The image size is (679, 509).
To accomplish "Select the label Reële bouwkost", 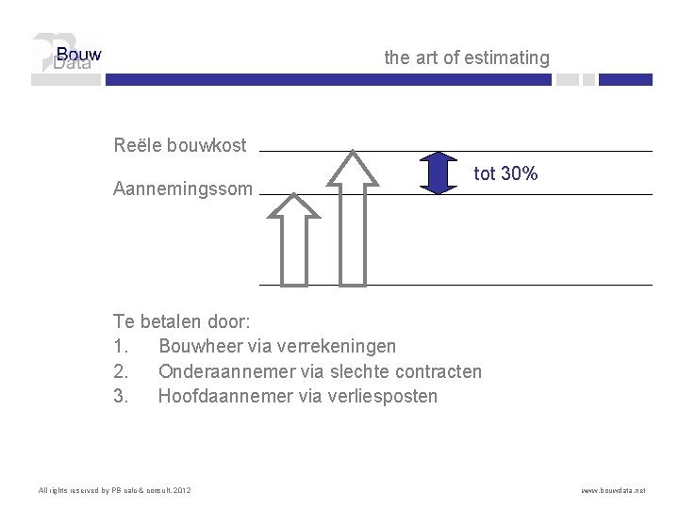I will [180, 145].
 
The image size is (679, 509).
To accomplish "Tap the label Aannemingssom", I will [183, 189].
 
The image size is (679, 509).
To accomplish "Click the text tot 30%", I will [505, 173].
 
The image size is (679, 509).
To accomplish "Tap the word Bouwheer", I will [199, 347].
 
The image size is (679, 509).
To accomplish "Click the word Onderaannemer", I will [216, 371].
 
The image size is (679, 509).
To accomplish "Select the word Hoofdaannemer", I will [218, 396].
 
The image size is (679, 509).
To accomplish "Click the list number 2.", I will [120, 371].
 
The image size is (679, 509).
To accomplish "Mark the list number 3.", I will [120, 396].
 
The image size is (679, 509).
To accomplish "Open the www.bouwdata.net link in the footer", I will [614, 491].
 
